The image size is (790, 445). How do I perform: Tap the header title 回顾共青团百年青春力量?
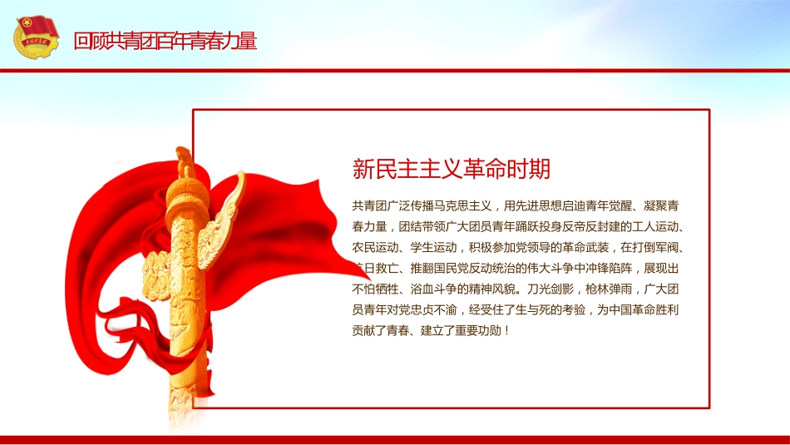[165, 41]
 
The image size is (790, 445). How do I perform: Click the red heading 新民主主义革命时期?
[452, 170]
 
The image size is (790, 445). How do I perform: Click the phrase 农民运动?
[375, 247]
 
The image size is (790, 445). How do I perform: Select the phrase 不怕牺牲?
[375, 289]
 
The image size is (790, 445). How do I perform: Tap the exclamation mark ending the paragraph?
[506, 330]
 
